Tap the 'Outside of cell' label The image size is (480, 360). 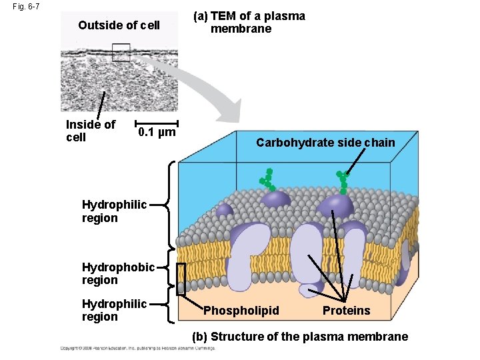119,25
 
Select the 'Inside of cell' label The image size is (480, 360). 90,131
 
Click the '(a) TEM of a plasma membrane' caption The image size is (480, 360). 249,22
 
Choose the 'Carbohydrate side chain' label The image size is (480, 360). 325,143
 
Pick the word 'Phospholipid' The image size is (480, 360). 241,311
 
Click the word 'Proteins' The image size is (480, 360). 346,311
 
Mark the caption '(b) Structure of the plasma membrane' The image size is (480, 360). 300,337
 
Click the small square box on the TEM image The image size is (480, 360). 121,52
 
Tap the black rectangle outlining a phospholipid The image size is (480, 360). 181,279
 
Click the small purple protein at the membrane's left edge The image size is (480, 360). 224,211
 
